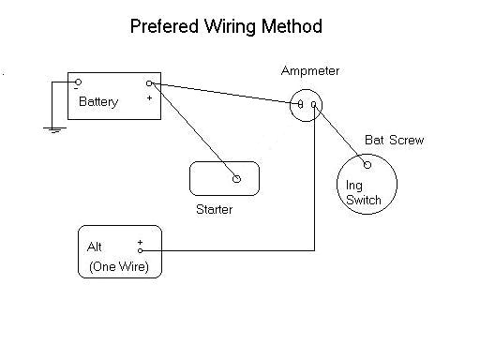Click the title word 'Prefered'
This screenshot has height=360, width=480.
162,26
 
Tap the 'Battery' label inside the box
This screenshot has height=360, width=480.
98,102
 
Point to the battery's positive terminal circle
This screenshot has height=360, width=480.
151,82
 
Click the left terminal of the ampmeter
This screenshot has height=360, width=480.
300,105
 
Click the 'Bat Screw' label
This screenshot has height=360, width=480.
394,141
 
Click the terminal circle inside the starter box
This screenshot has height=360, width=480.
236,177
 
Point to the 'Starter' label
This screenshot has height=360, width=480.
215,209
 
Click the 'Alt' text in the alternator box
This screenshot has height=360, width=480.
95,247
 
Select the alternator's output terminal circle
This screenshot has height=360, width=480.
141,251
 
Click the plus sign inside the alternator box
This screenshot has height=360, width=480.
140,242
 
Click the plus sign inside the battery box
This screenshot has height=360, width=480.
148,97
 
